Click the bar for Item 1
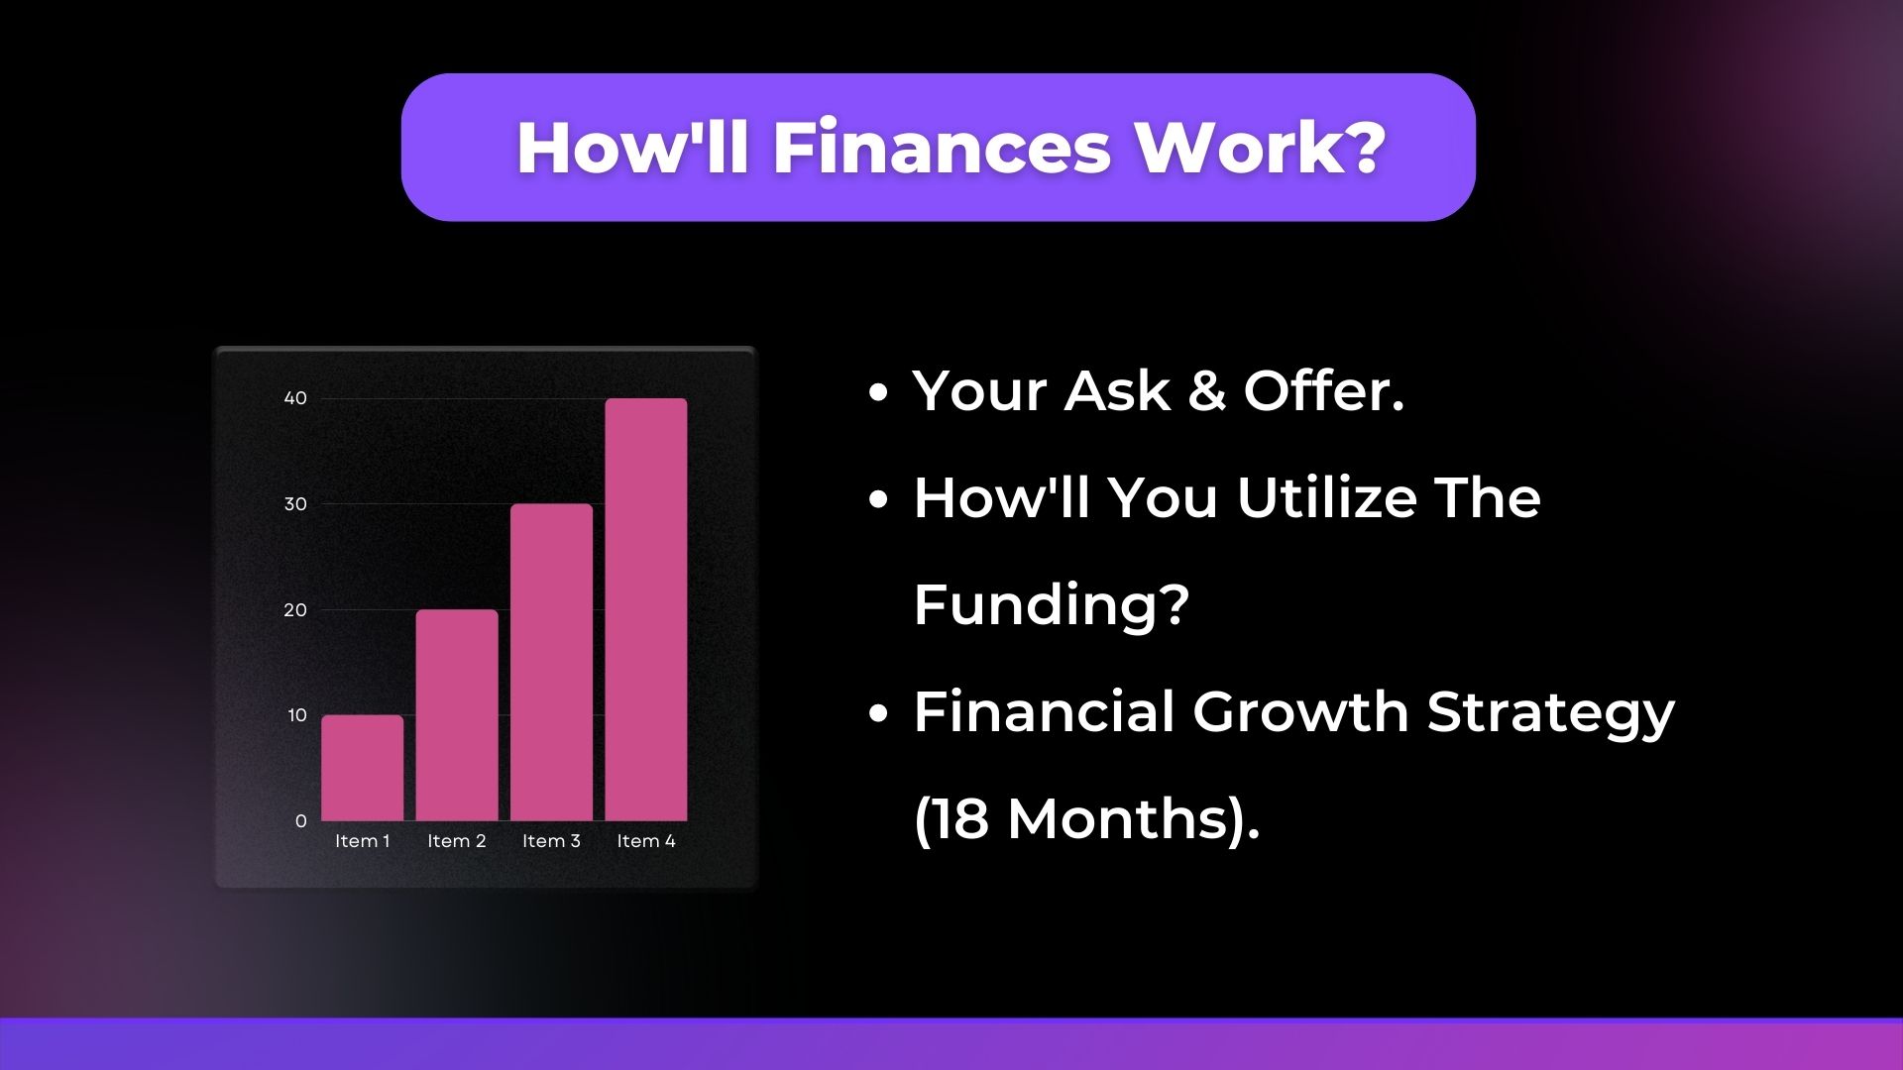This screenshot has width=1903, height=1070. [x=363, y=768]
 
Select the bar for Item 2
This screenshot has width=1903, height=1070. [x=457, y=715]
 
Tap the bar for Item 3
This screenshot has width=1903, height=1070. [x=552, y=662]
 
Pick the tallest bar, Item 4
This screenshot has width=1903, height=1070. [x=646, y=609]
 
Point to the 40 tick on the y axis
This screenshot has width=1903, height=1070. [x=295, y=398]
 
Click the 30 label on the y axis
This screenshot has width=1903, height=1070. [x=295, y=504]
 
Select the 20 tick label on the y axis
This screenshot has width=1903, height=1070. [x=295, y=610]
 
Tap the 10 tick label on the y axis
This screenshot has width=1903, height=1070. [x=297, y=715]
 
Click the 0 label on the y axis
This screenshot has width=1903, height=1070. [x=301, y=821]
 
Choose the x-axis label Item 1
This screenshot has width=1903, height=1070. [x=363, y=841]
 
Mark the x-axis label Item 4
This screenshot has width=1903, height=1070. [x=646, y=841]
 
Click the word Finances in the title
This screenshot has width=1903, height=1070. [x=942, y=149]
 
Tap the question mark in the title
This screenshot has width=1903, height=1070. [x=1366, y=148]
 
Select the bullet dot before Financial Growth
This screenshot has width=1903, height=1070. [x=877, y=713]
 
